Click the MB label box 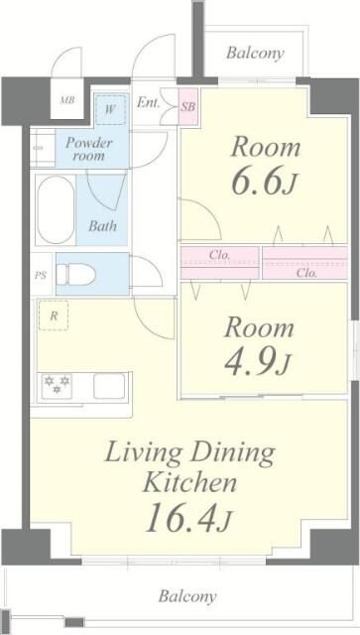coord(67,100)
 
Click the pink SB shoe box coord(187,103)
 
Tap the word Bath coord(102,226)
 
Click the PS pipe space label coord(41,275)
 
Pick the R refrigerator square coord(52,317)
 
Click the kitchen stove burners coord(55,386)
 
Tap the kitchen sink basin coord(109,386)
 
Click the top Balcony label coord(255,54)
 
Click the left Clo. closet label coord(219,255)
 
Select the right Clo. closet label coord(305,271)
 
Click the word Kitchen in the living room coord(189,483)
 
